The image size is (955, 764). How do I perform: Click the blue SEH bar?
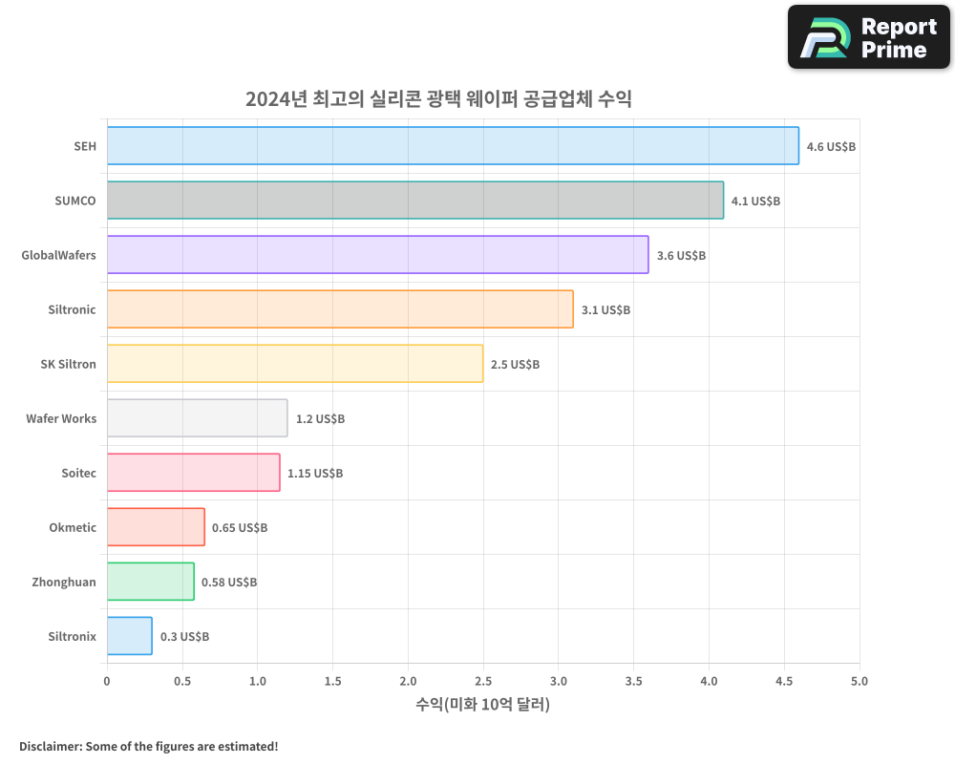click(x=453, y=145)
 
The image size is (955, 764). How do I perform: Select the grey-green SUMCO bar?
click(x=414, y=200)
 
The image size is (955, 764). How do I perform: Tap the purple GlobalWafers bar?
click(x=377, y=254)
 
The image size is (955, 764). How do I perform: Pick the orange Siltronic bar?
click(x=340, y=308)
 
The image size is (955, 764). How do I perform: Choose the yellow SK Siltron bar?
click(x=294, y=363)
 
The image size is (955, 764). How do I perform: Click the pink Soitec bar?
click(x=193, y=472)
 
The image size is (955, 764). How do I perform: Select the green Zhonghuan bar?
click(x=150, y=581)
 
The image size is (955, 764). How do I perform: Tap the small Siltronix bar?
click(x=129, y=635)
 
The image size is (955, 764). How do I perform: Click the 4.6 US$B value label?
click(x=831, y=146)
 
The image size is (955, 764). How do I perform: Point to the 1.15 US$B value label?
click(x=315, y=473)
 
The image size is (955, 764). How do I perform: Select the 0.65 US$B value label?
click(x=240, y=527)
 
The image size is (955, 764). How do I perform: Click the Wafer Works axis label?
click(x=61, y=418)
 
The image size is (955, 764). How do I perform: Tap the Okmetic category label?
click(x=73, y=527)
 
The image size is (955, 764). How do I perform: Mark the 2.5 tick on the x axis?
click(x=483, y=681)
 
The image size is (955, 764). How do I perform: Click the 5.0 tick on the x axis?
click(x=859, y=681)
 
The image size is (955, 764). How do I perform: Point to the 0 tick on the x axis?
click(x=107, y=681)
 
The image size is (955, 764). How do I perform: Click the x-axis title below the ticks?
click(x=483, y=705)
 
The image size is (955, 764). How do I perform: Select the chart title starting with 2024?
click(x=438, y=98)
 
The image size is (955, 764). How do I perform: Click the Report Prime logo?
click(x=868, y=37)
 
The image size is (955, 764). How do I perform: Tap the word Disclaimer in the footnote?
click(x=49, y=746)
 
